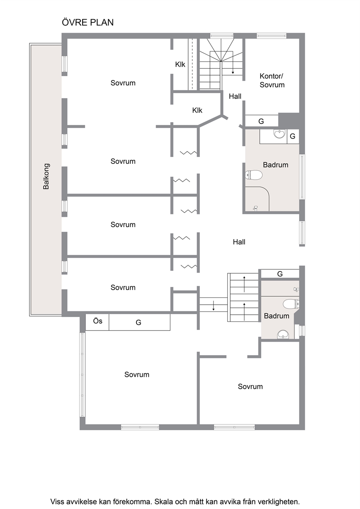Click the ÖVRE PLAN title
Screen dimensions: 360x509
(x=88, y=22)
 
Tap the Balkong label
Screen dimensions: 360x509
(x=46, y=176)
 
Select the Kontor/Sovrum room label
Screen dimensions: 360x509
(x=272, y=81)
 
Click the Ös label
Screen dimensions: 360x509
(x=98, y=321)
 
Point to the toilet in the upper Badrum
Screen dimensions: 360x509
(x=254, y=175)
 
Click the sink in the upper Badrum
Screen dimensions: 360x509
(x=279, y=134)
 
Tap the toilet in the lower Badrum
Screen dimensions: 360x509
(x=291, y=304)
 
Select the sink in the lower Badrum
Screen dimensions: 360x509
(x=283, y=334)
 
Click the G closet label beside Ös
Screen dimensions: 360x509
(x=138, y=323)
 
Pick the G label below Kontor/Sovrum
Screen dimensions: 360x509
(x=261, y=121)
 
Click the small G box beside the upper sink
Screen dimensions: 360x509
(x=293, y=136)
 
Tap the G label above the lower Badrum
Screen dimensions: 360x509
(x=280, y=274)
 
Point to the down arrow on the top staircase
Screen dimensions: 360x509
(x=233, y=68)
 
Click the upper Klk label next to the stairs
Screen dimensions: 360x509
(x=180, y=65)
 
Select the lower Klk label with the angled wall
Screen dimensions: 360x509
(x=197, y=110)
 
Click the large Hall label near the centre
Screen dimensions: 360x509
(x=239, y=242)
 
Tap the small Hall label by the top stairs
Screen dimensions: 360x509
(x=235, y=97)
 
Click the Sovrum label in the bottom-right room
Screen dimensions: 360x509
(x=250, y=386)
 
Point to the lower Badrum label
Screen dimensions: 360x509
(x=277, y=316)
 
